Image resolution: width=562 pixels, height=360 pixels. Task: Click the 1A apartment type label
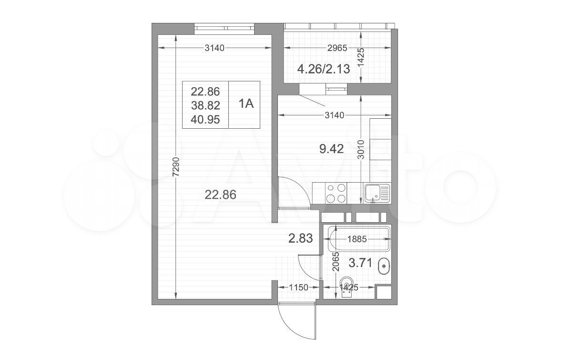246,103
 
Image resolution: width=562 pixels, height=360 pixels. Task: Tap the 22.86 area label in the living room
220,195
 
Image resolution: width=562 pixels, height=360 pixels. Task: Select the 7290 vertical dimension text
175,167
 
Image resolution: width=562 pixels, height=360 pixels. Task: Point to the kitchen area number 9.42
332,148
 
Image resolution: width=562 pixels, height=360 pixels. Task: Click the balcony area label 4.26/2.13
324,69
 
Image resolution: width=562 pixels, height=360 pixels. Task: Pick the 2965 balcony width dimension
337,48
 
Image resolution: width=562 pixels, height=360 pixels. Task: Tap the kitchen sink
377,193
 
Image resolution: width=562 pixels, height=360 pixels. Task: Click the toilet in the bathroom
347,287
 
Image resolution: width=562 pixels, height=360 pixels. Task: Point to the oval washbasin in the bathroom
384,266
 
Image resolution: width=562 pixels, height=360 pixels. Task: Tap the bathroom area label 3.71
360,264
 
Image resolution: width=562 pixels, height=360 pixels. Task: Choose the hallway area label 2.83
300,238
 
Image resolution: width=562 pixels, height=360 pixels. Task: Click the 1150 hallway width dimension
298,287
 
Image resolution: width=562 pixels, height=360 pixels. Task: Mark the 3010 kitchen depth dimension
361,150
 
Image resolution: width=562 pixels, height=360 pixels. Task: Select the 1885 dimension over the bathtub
357,239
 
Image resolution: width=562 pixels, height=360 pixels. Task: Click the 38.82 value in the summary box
205,105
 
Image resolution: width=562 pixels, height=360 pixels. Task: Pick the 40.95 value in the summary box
205,119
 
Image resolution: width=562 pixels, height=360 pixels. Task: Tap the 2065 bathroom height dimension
336,261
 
